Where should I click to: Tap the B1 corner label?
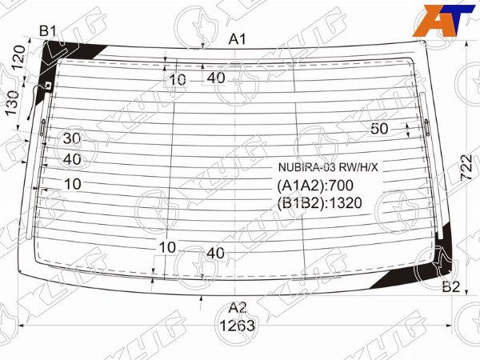point(48,31)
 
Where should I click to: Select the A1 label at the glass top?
point(238,38)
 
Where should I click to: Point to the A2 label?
point(238,307)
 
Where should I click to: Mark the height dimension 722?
point(467,169)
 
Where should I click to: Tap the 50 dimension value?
point(379,129)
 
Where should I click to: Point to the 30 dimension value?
point(72,138)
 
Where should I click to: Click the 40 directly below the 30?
point(72,159)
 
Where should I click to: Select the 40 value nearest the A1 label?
point(215,78)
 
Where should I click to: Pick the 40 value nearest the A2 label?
point(215,253)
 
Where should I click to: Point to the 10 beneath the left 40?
point(72,183)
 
